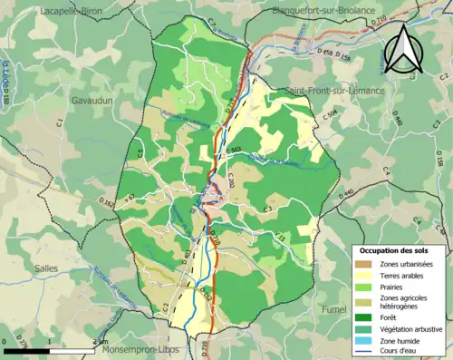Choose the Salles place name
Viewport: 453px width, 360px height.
pos(46,268)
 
